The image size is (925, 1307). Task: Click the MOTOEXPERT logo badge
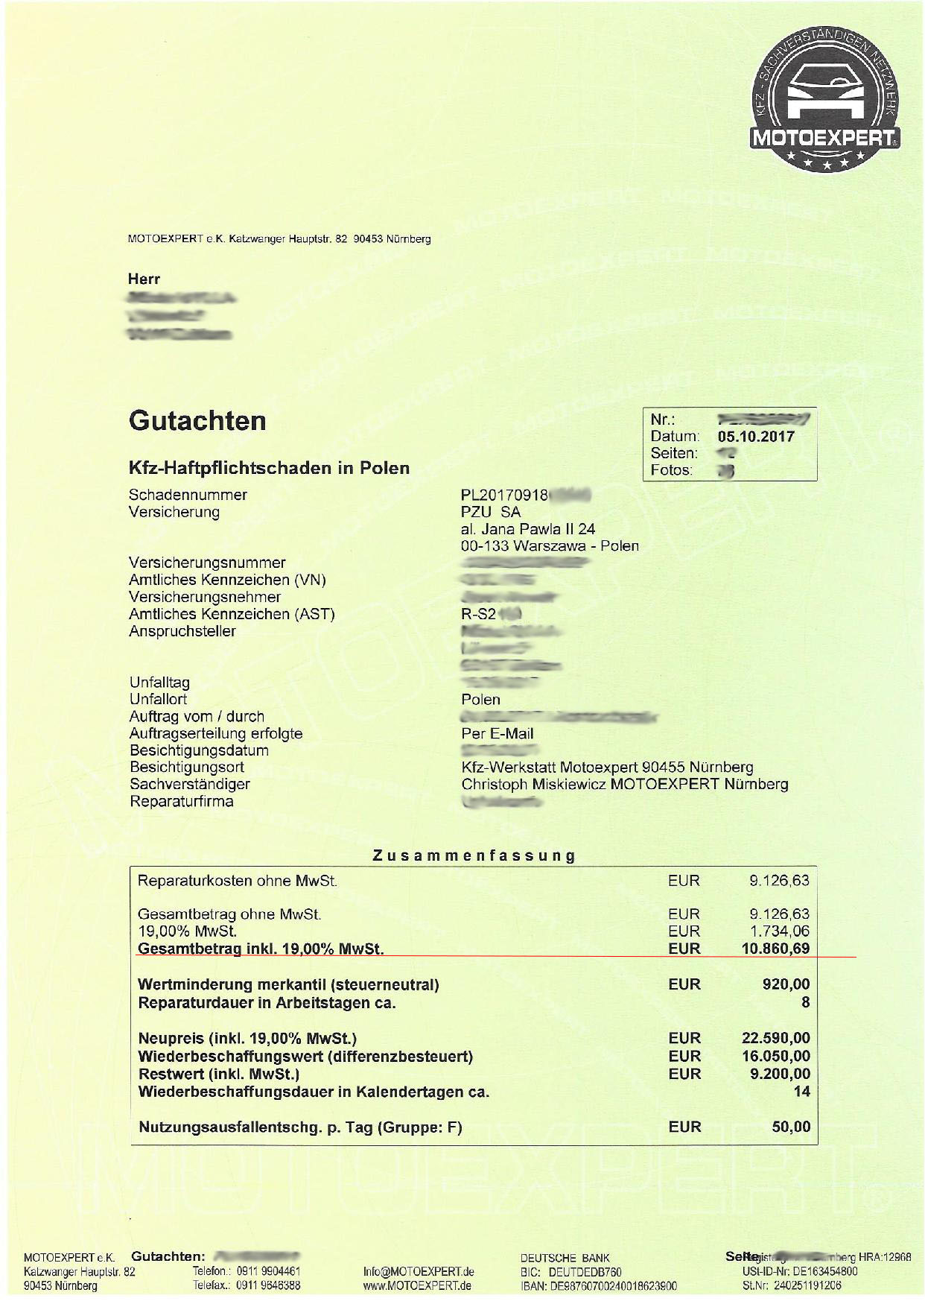(824, 99)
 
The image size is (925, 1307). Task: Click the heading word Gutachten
(197, 421)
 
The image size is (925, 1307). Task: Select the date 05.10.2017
(756, 437)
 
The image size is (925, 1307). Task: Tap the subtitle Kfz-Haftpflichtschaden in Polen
(269, 468)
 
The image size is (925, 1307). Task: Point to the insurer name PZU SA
(491, 512)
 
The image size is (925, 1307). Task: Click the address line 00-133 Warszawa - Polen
(550, 545)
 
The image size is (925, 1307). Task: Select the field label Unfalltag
(159, 683)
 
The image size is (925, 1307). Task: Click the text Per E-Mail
(498, 733)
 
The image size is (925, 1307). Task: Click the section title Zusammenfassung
(474, 855)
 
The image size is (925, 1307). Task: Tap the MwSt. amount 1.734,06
(779, 931)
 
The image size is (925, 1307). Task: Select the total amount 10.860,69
(775, 949)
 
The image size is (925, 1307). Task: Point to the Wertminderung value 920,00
(786, 984)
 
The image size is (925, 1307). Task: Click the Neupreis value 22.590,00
(775, 1038)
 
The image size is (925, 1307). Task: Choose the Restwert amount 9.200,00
(779, 1074)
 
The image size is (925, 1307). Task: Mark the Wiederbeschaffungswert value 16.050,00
(775, 1056)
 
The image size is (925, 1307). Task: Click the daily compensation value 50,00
(791, 1127)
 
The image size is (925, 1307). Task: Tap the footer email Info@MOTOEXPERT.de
(419, 1272)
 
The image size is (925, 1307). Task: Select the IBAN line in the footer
(599, 1285)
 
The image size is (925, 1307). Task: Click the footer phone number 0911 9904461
(268, 1271)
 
